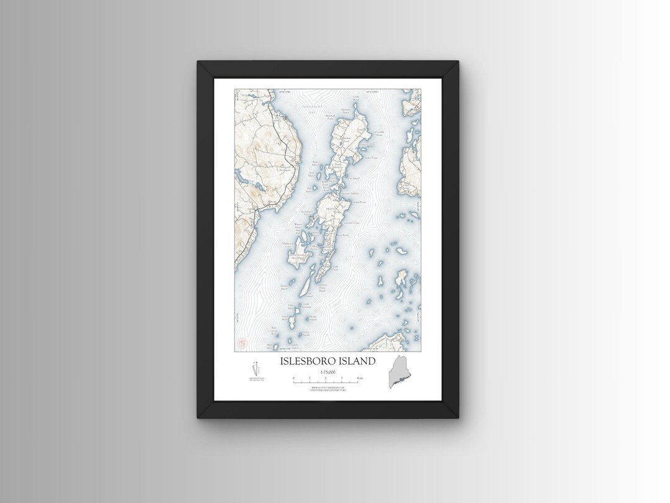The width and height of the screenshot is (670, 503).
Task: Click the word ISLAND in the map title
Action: point(357,361)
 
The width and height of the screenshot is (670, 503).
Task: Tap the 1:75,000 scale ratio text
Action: point(328,371)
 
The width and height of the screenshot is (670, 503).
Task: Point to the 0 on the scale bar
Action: point(293,378)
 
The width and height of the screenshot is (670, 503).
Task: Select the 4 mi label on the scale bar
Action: point(360,378)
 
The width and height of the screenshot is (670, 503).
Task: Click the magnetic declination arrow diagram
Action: point(254,369)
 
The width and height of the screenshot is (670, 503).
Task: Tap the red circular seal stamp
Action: point(243,342)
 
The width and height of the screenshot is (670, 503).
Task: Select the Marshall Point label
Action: point(331,116)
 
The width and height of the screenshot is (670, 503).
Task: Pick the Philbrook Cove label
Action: point(287,243)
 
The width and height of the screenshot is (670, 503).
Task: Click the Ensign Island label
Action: point(284,287)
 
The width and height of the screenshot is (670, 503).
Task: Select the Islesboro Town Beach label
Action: point(323,288)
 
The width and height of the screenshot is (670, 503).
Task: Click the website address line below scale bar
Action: point(328,387)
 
